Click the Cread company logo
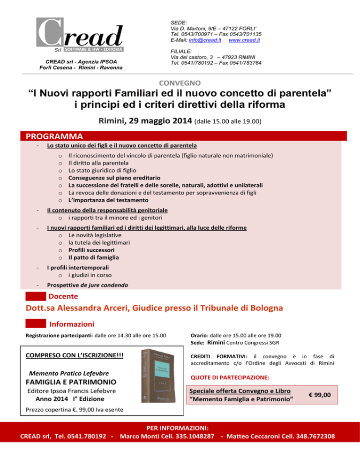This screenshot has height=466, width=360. tap(80, 36)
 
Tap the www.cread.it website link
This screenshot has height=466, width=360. tap(244, 40)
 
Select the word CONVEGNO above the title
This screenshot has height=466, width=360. tap(180, 83)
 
